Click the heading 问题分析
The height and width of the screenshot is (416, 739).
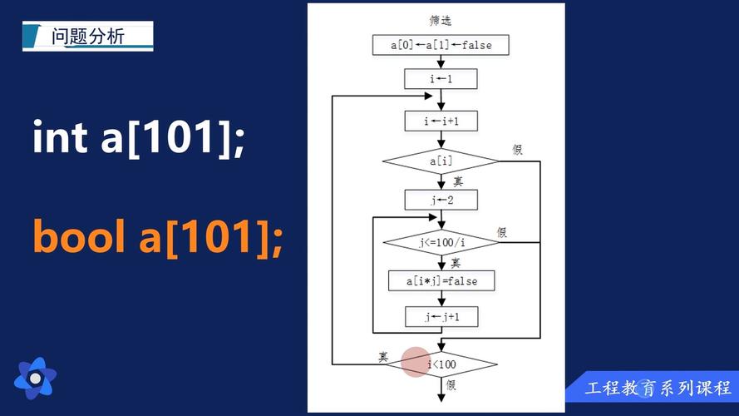(87, 37)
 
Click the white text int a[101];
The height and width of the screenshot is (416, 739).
(139, 136)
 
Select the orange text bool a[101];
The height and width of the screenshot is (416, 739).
(158, 237)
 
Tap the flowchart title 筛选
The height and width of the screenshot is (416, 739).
(441, 20)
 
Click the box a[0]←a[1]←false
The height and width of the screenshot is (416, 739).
(441, 45)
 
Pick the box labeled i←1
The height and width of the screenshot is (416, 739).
(441, 79)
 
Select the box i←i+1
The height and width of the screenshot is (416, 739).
(441, 121)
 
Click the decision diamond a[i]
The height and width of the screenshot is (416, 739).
(441, 161)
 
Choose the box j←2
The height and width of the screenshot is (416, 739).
(441, 200)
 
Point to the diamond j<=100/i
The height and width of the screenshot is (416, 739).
(441, 242)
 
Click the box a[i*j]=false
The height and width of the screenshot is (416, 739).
(441, 281)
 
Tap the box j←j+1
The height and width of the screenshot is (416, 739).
(441, 317)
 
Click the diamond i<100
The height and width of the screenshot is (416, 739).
(441, 364)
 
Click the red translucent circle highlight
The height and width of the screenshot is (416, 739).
(416, 362)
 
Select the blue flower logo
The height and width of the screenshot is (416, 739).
(36, 379)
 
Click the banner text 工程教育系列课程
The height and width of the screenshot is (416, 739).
(658, 389)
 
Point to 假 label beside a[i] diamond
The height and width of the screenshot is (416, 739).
(518, 150)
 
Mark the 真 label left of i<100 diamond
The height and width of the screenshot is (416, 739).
(383, 357)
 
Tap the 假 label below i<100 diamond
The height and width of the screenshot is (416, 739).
(451, 385)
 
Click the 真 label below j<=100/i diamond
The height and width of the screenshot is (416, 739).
(456, 263)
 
